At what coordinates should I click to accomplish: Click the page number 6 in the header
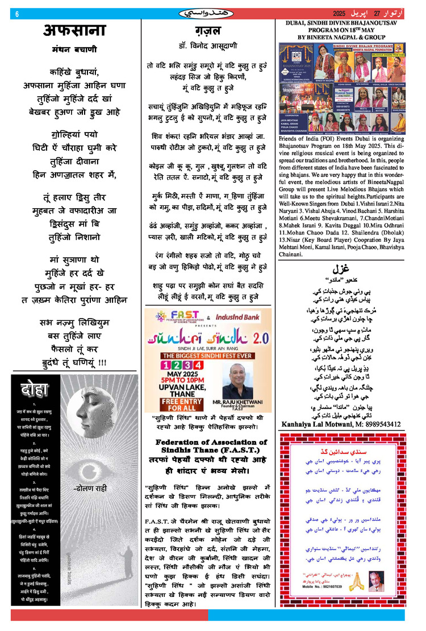17,14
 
